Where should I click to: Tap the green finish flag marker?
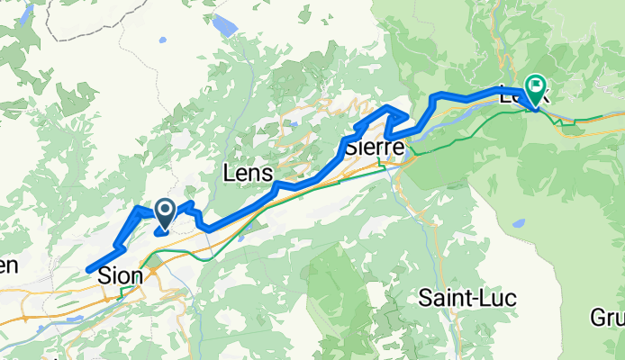[x=537, y=88]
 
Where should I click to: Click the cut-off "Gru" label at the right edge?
[x=608, y=319]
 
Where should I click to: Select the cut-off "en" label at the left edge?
[x=7, y=265]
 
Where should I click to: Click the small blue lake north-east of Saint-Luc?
[x=518, y=223]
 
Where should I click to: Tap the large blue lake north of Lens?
[x=224, y=24]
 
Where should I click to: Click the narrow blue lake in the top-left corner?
[x=28, y=12]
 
